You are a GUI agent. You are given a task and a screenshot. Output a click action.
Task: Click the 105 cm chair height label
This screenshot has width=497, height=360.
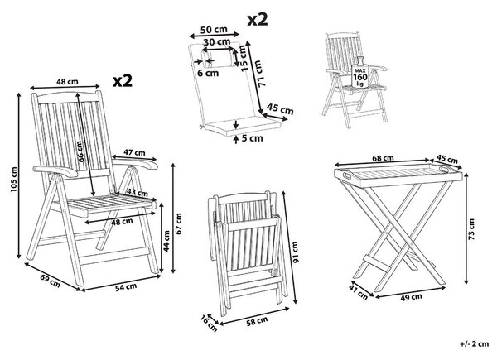click(13, 179)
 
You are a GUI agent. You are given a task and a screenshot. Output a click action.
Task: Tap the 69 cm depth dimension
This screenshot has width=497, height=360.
click(50, 281)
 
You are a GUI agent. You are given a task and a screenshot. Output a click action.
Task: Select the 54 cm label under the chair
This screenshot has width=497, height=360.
click(126, 287)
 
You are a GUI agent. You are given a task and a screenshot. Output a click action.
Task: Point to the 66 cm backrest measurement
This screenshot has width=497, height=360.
click(81, 151)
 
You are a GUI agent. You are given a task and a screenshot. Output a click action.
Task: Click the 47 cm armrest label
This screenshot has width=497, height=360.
click(134, 152)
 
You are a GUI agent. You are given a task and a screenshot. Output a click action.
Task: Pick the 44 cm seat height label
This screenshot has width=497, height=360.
click(166, 241)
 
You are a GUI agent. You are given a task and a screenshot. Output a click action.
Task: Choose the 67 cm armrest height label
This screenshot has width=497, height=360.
click(179, 223)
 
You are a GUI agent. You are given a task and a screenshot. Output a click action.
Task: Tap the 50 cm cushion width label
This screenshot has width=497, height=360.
click(214, 30)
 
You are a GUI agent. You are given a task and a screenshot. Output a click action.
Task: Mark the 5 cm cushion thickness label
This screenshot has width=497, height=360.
click(252, 138)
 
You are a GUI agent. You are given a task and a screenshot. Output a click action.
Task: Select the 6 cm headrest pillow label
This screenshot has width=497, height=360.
click(208, 73)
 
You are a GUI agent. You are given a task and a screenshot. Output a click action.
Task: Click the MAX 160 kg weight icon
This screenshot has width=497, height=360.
click(360, 73)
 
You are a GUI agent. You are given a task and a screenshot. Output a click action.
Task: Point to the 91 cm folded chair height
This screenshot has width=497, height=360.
click(295, 252)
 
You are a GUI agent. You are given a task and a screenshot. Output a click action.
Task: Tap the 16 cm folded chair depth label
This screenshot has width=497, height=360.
click(210, 324)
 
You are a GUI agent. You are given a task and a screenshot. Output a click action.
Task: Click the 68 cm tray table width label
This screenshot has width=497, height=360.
click(383, 158)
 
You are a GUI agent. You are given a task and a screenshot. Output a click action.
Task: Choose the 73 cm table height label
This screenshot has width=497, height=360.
click(471, 229)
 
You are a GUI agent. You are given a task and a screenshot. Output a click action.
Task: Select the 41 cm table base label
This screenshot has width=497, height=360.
click(359, 291)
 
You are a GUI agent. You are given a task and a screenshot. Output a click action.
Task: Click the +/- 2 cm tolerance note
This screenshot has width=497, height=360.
click(474, 343)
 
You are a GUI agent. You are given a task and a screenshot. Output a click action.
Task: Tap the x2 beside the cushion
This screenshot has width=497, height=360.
click(258, 19)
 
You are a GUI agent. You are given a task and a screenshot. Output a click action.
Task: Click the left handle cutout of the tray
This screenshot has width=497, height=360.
click(346, 175)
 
